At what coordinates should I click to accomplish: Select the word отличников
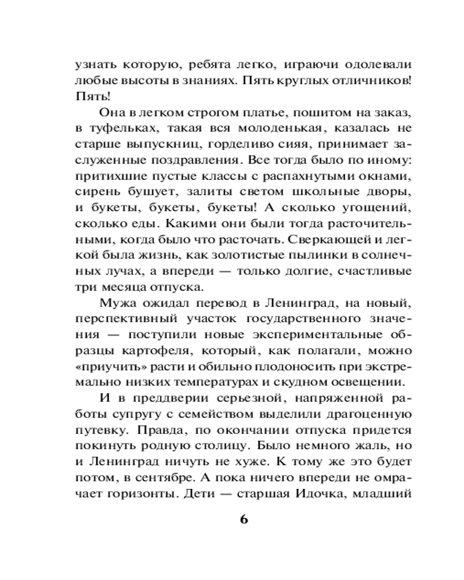pos(364,81)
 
